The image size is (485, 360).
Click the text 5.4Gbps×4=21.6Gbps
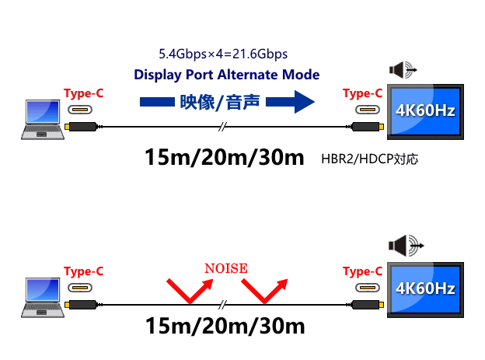pyautogui.click(x=223, y=54)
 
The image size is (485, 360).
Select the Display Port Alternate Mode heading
pyautogui.click(x=226, y=75)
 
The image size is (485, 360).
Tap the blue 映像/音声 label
pyautogui.click(x=220, y=102)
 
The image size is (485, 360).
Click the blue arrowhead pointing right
pyautogui.click(x=305, y=102)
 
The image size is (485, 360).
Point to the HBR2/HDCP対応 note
pyautogui.click(x=370, y=159)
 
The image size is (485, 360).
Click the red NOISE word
pyautogui.click(x=226, y=268)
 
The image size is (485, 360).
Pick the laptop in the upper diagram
pyautogui.click(x=43, y=120)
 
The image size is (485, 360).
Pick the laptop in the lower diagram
pyautogui.click(x=43, y=298)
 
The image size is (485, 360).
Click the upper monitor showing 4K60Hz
pyautogui.click(x=425, y=112)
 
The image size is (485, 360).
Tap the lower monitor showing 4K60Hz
pyautogui.click(x=425, y=290)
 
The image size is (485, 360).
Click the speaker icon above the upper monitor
pyautogui.click(x=403, y=70)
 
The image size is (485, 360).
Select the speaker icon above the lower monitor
pyautogui.click(x=406, y=246)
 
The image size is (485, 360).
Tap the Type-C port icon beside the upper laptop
pyautogui.click(x=80, y=110)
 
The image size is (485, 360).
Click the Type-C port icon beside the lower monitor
pyautogui.click(x=368, y=288)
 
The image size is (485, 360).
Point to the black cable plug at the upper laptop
pyautogui.click(x=82, y=127)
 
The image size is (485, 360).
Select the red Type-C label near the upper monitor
pyautogui.click(x=362, y=93)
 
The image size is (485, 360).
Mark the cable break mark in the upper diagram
pyautogui.click(x=222, y=127)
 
